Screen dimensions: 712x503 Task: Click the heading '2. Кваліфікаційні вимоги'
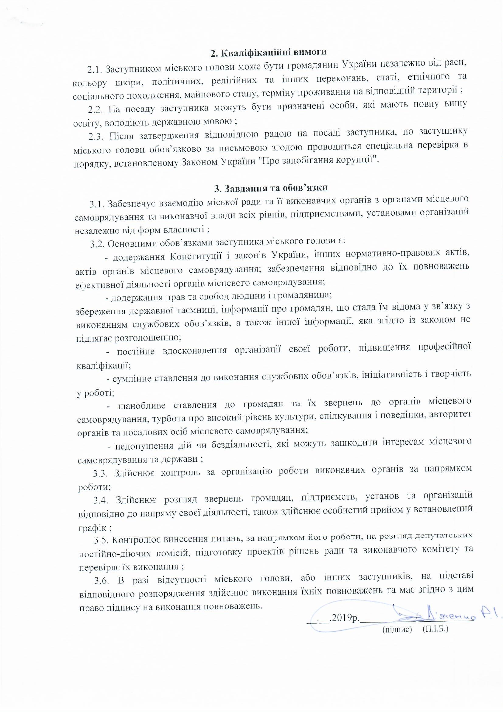pyautogui.click(x=269, y=53)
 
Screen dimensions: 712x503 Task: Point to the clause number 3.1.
pyautogui.click(x=98, y=204)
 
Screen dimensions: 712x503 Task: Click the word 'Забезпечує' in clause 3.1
pyautogui.click(x=133, y=203)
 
